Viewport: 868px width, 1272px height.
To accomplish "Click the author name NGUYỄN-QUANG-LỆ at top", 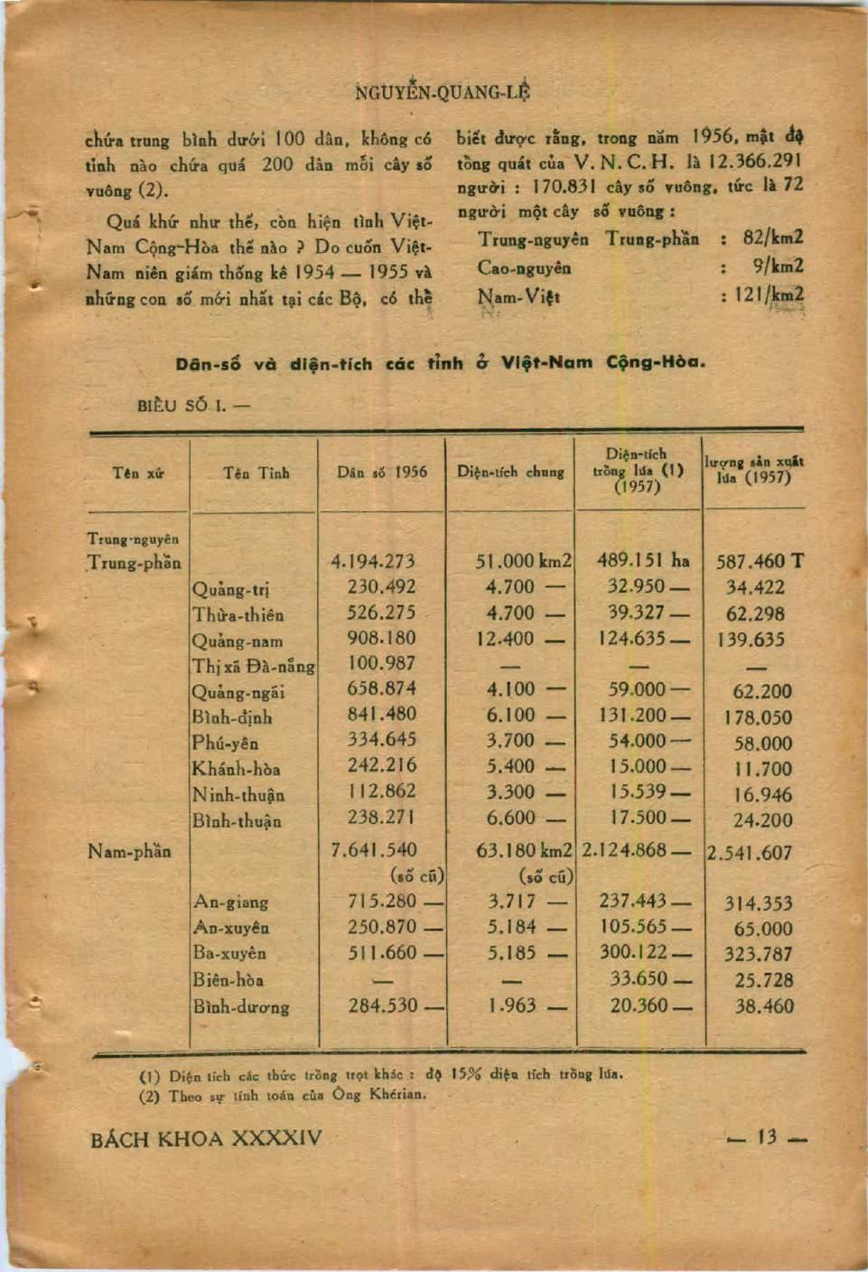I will point(442,91).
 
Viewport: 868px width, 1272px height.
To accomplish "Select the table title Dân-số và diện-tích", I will point(440,363).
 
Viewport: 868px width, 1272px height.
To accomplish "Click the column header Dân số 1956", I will point(381,472).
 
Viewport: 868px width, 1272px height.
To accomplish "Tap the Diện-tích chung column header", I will point(510,472).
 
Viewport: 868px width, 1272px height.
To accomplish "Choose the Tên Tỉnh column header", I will point(257,472).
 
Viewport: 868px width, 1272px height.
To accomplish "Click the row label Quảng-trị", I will point(230,590).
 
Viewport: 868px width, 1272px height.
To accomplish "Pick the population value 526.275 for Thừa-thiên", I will point(381,612).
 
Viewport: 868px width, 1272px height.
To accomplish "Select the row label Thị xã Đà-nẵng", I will point(253,667).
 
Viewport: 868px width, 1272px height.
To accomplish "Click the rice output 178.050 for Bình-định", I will point(757,718).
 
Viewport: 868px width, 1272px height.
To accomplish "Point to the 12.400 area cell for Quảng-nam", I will point(509,639).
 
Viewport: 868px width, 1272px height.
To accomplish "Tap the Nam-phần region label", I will point(129,851).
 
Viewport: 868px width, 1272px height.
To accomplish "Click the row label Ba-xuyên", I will point(229,953).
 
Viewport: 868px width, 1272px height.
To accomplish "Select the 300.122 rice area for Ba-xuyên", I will point(632,952).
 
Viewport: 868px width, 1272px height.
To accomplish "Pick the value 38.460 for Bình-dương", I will point(763,1005).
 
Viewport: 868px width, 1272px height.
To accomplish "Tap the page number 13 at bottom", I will point(767,1137).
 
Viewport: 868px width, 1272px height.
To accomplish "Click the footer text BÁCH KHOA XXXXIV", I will point(206,1138).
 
